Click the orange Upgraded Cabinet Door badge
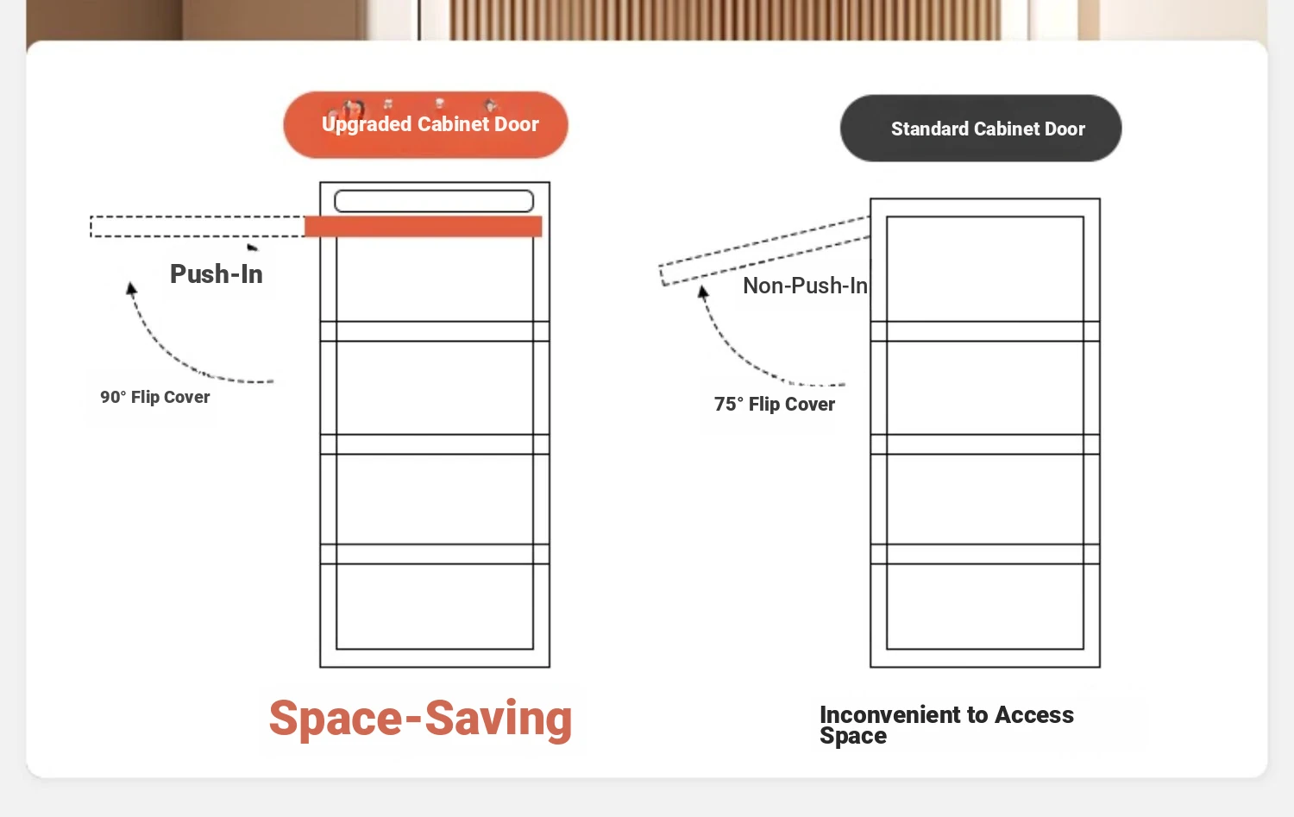click(x=426, y=125)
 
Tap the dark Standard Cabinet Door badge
click(x=981, y=129)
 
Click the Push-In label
click(x=216, y=273)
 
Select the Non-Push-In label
click(x=805, y=286)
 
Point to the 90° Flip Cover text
click(x=154, y=397)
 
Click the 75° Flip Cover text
click(x=774, y=404)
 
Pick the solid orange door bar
click(x=423, y=227)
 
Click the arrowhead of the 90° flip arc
click(x=131, y=288)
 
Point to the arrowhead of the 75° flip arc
click(x=702, y=292)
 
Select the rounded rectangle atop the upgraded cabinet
click(x=434, y=201)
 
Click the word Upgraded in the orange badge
click(x=367, y=125)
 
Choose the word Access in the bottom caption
click(x=1034, y=715)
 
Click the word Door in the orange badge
click(x=517, y=124)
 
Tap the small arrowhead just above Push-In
click(x=252, y=248)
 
